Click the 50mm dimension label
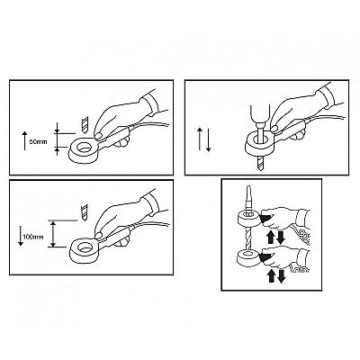(x=39, y=141)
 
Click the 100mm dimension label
(x=33, y=237)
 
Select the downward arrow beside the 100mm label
(x=21, y=236)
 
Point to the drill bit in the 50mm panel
(x=85, y=125)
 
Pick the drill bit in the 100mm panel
(x=85, y=212)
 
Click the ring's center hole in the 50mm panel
(x=84, y=147)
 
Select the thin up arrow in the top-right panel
(x=199, y=139)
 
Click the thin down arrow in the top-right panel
(x=208, y=140)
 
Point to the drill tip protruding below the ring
(x=259, y=163)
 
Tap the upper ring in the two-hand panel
(x=248, y=218)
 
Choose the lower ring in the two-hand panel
(x=247, y=256)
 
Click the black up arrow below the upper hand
(x=270, y=237)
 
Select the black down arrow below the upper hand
(x=281, y=238)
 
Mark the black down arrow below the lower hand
(x=281, y=276)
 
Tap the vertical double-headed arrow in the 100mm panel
(x=53, y=234)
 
